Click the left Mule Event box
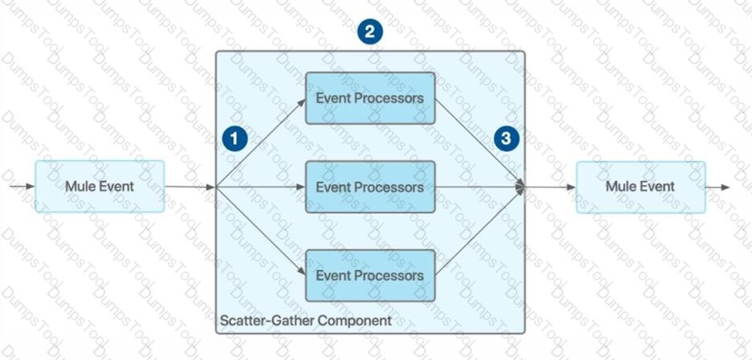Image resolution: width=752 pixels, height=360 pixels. click(100, 186)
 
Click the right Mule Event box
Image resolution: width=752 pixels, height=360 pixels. click(640, 186)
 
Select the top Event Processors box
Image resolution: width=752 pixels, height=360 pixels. click(370, 98)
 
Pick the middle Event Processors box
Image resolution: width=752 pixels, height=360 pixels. click(370, 187)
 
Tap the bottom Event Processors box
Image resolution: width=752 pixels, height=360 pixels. click(370, 276)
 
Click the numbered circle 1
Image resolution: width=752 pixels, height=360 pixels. click(234, 138)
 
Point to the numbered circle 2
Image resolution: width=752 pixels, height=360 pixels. click(370, 32)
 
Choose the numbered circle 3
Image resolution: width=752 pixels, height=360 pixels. click(505, 138)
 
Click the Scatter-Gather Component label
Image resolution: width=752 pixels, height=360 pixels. click(305, 321)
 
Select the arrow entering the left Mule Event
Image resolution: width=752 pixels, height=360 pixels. click(22, 186)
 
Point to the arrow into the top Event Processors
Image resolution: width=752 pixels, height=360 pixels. click(261, 142)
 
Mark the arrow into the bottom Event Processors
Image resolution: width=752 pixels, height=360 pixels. click(261, 231)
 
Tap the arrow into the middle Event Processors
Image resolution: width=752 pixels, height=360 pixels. click(261, 187)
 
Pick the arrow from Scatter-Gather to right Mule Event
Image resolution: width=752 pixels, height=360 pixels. click(551, 187)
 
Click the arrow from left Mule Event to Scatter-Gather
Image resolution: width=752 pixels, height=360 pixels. click(190, 187)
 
